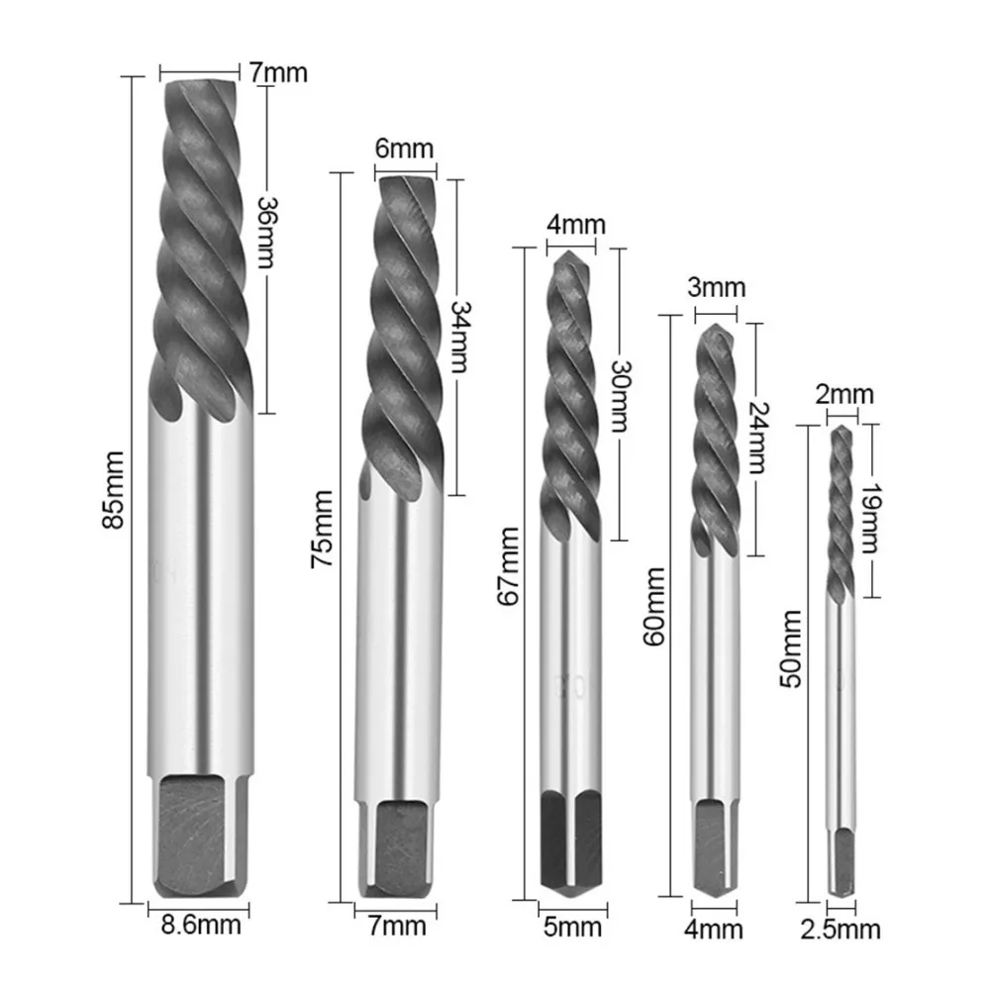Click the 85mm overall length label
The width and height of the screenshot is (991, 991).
[117, 489]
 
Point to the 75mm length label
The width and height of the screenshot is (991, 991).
[323, 535]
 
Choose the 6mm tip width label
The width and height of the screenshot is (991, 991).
[405, 149]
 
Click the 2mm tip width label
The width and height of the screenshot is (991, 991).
[844, 395]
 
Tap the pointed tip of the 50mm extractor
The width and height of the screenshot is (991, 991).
[842, 433]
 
